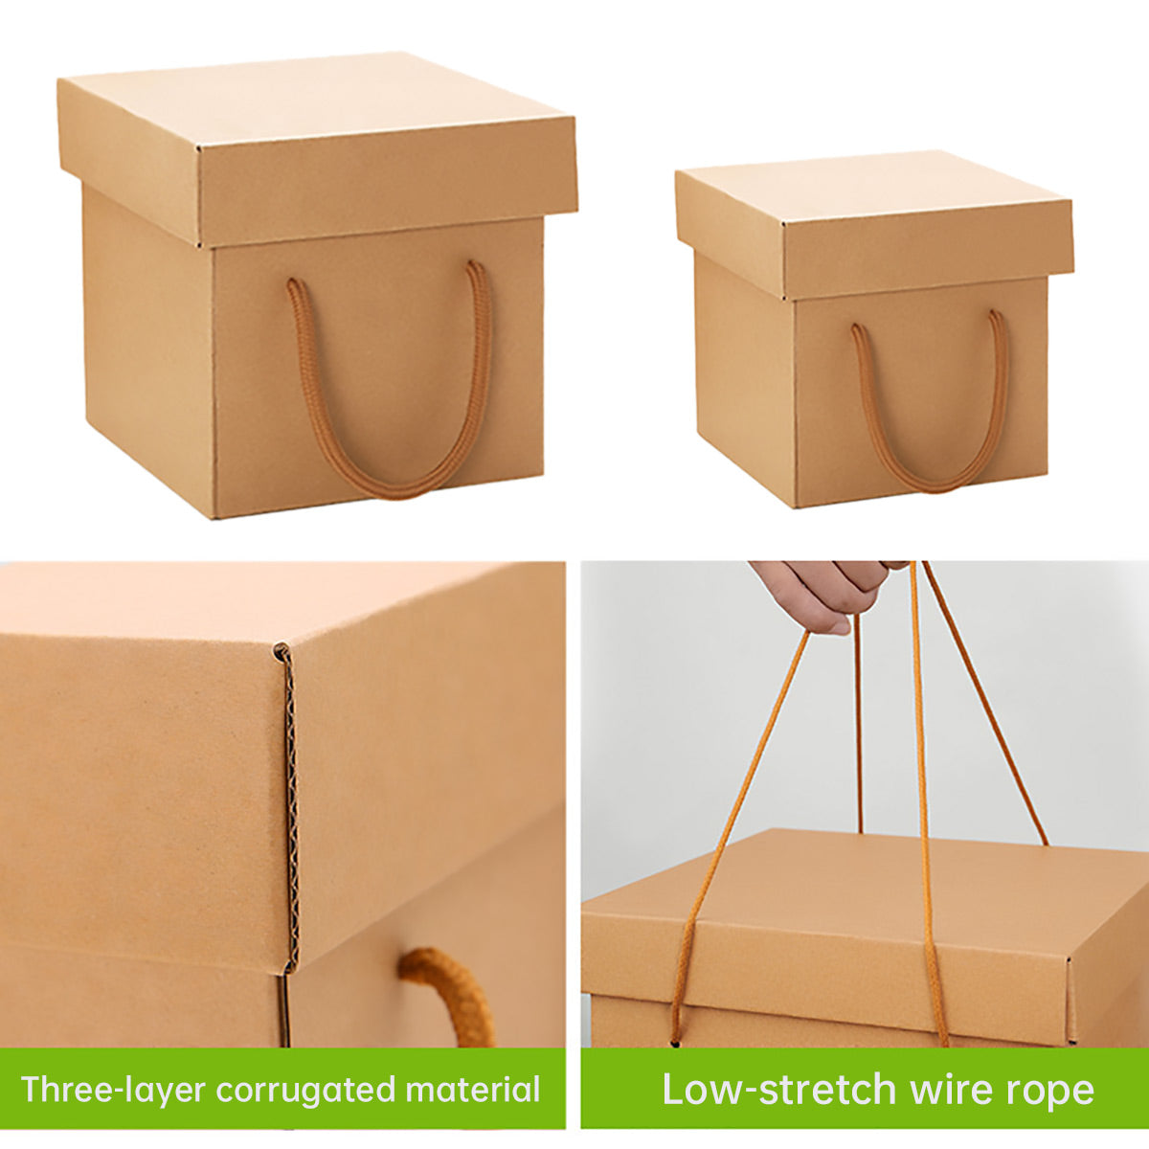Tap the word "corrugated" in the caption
click(305, 1090)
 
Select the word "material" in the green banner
click(473, 1090)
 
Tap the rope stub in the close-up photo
click(450, 991)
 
